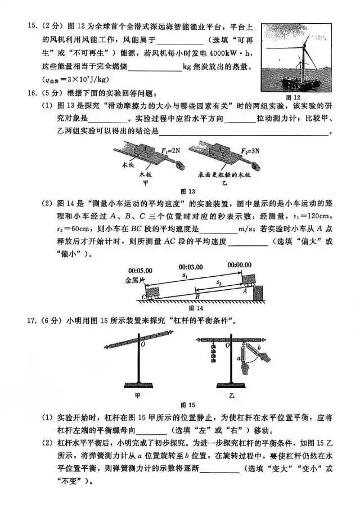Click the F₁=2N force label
coord(169,150)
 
